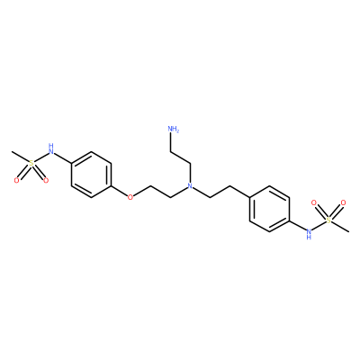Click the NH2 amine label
174,130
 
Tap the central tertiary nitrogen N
190,185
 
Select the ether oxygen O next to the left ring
130,197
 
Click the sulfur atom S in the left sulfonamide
31,163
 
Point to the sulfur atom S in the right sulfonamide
328,220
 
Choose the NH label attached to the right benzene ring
309,234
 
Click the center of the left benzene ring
91,175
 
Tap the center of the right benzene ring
269,209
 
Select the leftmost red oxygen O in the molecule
17,180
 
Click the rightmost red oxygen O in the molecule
343,202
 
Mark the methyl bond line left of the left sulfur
20,157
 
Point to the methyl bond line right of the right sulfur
340,227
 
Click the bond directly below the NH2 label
170,142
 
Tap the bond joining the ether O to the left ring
120,192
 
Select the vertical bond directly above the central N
190,173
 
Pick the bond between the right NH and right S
319,226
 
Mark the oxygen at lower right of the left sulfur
45,180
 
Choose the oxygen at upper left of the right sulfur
314,202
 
